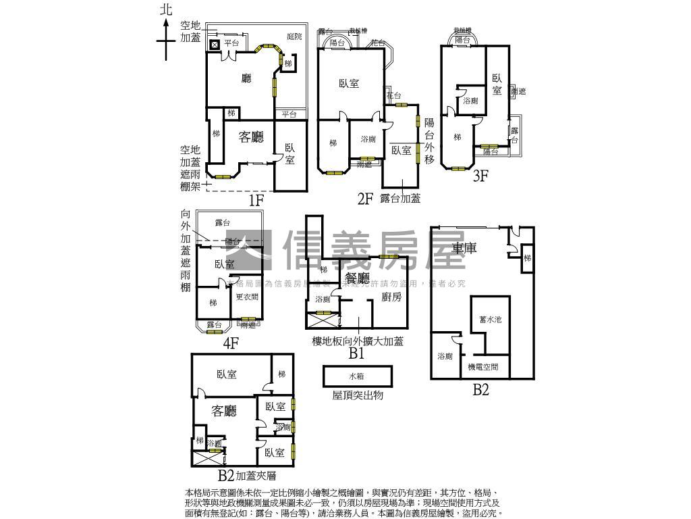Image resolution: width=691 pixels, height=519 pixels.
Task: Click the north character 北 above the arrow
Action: tap(166, 9)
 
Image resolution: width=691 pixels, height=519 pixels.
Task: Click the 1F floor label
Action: tap(256, 200)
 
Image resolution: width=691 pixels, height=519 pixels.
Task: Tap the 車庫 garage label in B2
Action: tap(464, 249)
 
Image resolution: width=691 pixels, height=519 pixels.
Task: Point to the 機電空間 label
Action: tap(483, 367)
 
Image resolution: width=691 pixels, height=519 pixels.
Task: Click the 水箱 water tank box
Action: tap(357, 376)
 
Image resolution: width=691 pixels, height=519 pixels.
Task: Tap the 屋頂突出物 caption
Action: tap(358, 395)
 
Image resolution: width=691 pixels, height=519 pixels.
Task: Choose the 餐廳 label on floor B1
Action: tap(358, 278)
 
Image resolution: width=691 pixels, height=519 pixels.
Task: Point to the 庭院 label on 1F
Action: tap(294, 36)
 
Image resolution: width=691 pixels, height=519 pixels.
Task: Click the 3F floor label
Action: tap(480, 176)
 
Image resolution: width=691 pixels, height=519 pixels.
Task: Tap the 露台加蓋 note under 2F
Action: tap(400, 198)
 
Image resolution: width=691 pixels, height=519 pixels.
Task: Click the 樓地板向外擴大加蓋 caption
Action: tap(358, 341)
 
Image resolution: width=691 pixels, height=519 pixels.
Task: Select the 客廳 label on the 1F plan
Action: tap(252, 137)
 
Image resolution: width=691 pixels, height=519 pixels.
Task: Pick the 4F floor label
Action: tap(231, 343)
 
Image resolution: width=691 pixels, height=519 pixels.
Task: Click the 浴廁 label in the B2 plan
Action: tap(445, 356)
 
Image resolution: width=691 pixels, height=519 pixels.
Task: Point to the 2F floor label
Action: tap(365, 198)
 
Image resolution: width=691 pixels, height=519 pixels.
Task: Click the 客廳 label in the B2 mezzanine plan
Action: tap(224, 410)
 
